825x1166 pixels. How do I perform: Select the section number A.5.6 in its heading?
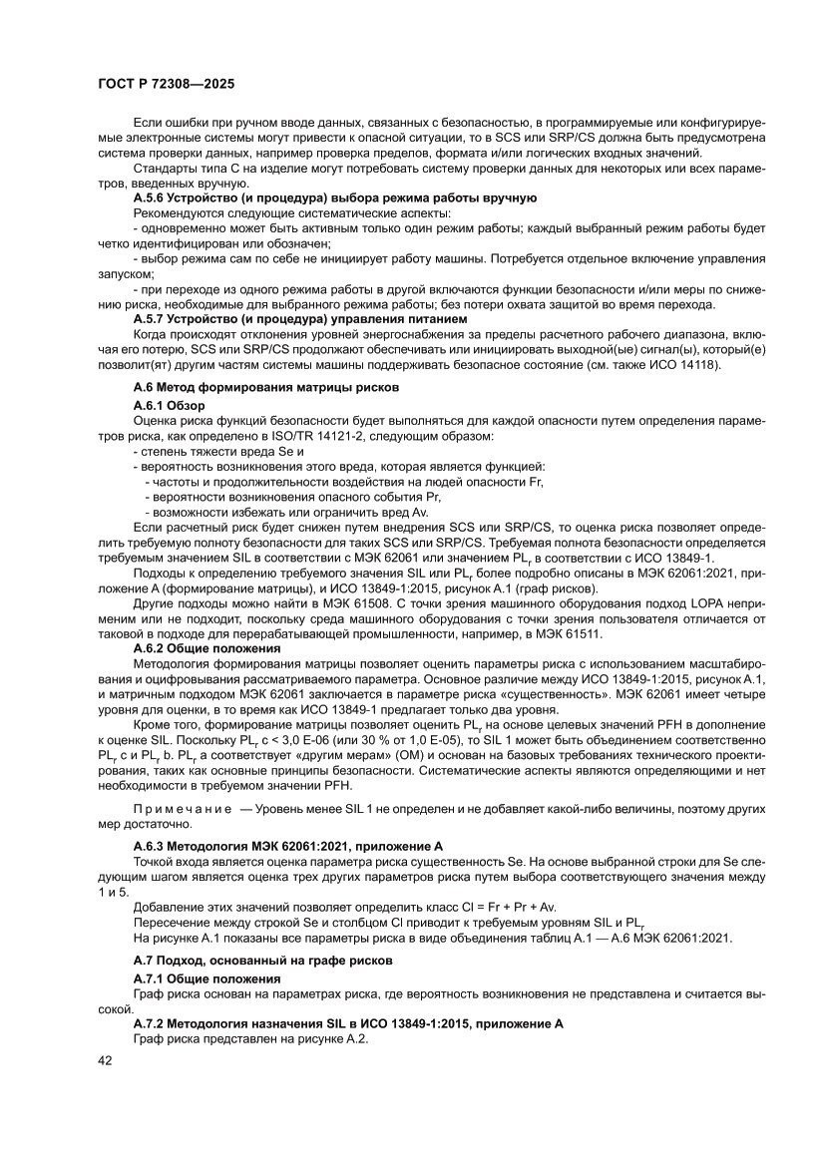click(150, 198)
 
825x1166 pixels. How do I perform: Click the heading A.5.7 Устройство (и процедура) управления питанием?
click(300, 317)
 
